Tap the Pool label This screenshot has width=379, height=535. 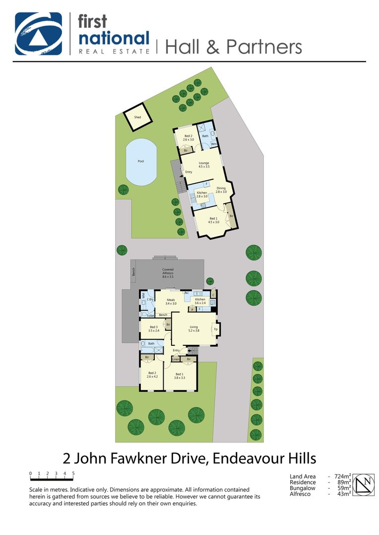tap(141, 161)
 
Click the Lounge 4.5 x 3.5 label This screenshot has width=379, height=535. tap(204, 165)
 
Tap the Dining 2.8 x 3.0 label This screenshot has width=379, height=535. tap(221, 190)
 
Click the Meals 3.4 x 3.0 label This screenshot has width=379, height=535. tap(171, 302)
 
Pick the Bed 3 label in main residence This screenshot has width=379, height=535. tap(153, 328)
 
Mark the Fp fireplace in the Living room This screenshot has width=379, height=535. tap(216, 329)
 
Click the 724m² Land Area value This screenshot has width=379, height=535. tap(342, 477)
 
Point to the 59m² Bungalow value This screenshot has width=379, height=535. tap(343, 488)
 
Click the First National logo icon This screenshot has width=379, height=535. tap(38, 34)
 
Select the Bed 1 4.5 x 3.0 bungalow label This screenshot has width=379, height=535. tap(213, 220)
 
